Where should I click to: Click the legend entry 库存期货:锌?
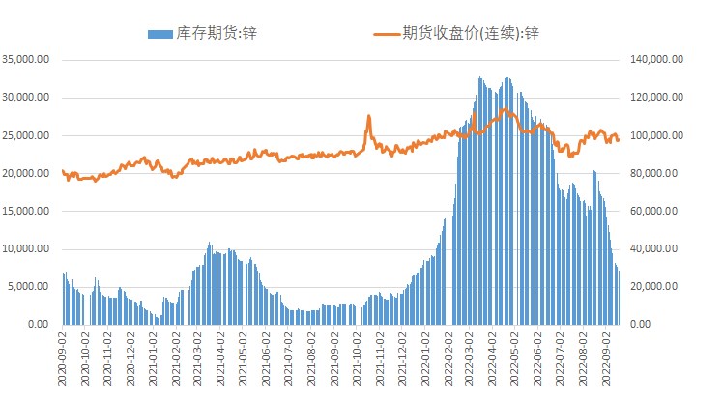(217, 33)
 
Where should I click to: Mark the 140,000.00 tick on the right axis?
(657, 60)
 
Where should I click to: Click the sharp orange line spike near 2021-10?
(368, 117)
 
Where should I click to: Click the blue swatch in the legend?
(160, 33)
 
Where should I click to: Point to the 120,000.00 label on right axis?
(657, 98)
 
